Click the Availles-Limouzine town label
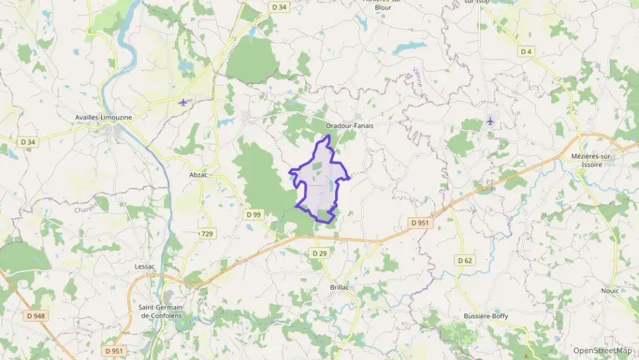pyautogui.click(x=104, y=117)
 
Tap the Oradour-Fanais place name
pyautogui.click(x=350, y=126)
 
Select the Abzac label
pyautogui.click(x=197, y=174)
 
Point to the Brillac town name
pyautogui.click(x=339, y=288)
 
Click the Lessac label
pyautogui.click(x=145, y=266)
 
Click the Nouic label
pyautogui.click(x=610, y=290)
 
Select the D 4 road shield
pyautogui.click(x=526, y=52)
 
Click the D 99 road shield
pyautogui.click(x=253, y=214)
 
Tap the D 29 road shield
pyautogui.click(x=319, y=253)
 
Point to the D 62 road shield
pyautogui.click(x=465, y=260)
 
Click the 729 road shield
pyautogui.click(x=207, y=234)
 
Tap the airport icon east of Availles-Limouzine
pyautogui.click(x=182, y=102)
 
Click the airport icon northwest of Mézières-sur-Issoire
pyautogui.click(x=490, y=121)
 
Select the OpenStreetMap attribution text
pyautogui.click(x=602, y=351)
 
